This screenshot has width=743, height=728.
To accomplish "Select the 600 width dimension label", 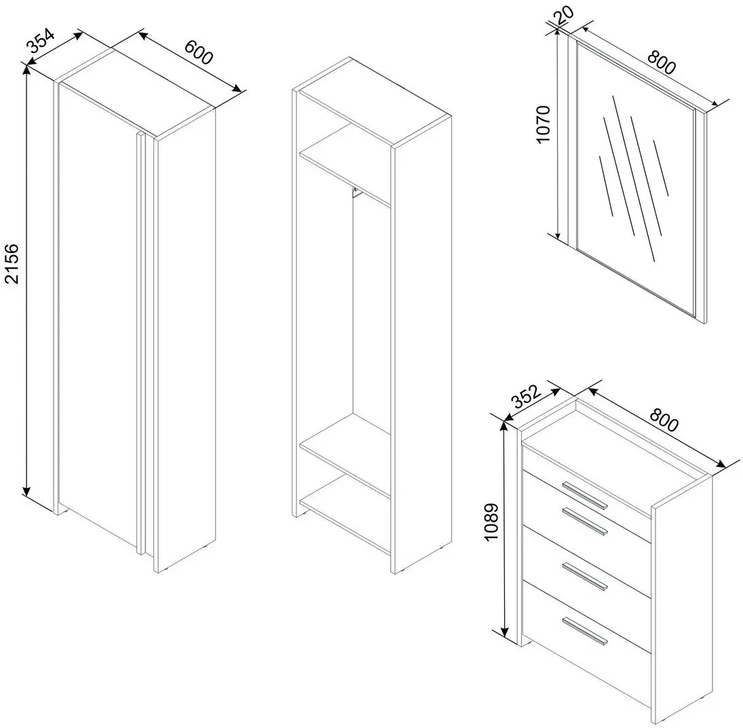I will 198,52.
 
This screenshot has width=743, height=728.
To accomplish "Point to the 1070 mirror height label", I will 546,123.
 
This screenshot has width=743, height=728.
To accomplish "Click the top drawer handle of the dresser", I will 585,495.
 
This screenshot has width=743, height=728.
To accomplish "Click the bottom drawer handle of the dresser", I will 585,631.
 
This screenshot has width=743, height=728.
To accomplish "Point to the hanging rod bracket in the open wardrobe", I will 354,194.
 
